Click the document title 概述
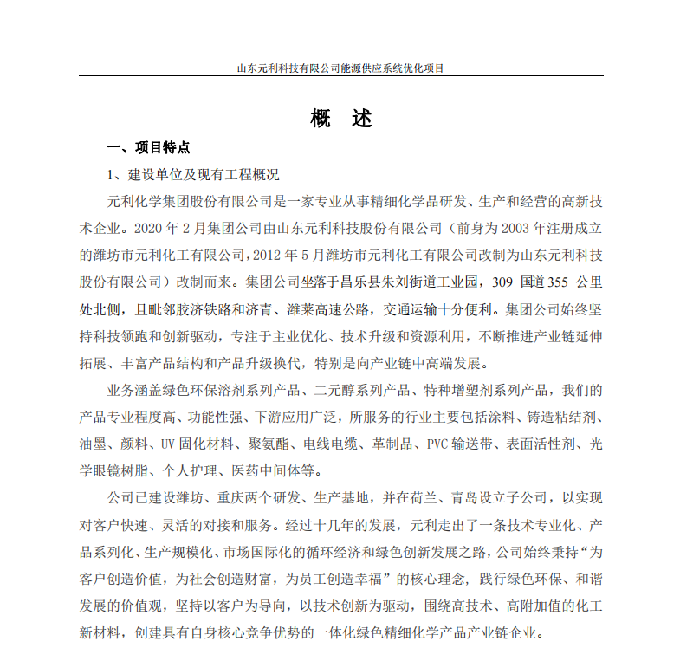[x=340, y=120]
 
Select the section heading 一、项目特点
[x=148, y=147]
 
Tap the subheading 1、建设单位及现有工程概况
[x=192, y=174]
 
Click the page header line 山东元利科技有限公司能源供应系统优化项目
[x=340, y=68]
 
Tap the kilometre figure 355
[x=562, y=282]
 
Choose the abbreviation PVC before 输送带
[x=438, y=445]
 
